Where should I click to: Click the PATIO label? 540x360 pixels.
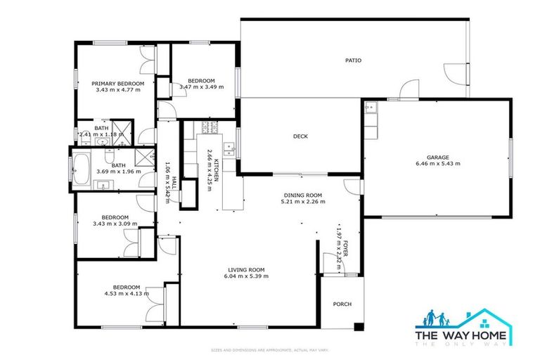point(353,60)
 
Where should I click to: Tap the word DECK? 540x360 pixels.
point(301,136)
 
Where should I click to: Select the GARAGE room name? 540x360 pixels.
point(437,157)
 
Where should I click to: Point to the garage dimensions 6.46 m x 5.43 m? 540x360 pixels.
point(437,164)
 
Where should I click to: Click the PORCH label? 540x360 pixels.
point(342,304)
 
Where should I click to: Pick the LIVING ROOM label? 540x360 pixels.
point(246,269)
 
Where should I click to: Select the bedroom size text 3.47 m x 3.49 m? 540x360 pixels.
point(202,87)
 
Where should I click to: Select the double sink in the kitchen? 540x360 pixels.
point(229,148)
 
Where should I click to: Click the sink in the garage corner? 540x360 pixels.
point(371,108)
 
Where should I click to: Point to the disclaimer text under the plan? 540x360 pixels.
point(270,349)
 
